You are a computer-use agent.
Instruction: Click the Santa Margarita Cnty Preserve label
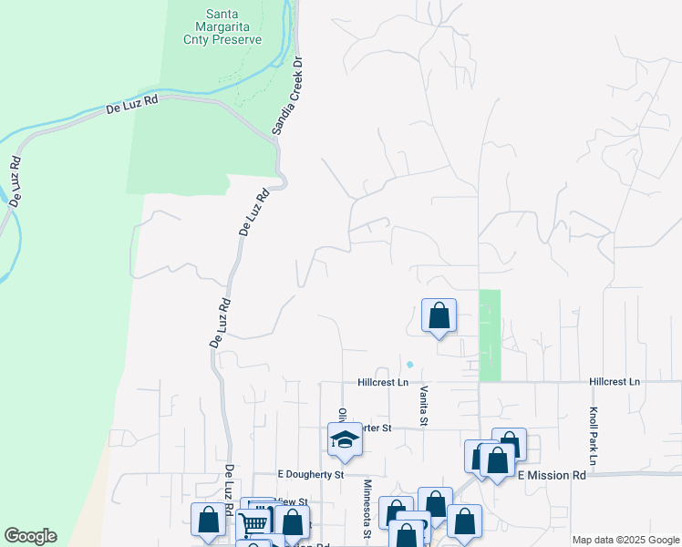(233, 26)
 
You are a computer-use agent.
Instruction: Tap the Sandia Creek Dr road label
(286, 96)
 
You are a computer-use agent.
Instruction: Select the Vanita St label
(424, 405)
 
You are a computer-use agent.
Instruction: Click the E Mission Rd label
(551, 476)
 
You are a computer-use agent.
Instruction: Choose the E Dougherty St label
(310, 475)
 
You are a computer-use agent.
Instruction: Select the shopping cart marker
(253, 522)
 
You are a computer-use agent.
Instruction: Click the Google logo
(30, 536)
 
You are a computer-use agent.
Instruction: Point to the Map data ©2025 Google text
(625, 540)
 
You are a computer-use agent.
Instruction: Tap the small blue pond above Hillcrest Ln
(409, 365)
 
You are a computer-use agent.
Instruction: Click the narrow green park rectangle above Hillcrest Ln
(490, 335)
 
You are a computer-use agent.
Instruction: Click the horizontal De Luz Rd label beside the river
(132, 104)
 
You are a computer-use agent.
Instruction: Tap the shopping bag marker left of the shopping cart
(208, 521)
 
